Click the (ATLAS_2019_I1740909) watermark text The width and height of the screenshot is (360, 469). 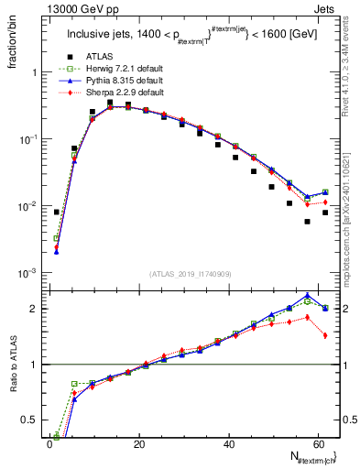[191, 274]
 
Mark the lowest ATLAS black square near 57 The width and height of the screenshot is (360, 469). [308, 222]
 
